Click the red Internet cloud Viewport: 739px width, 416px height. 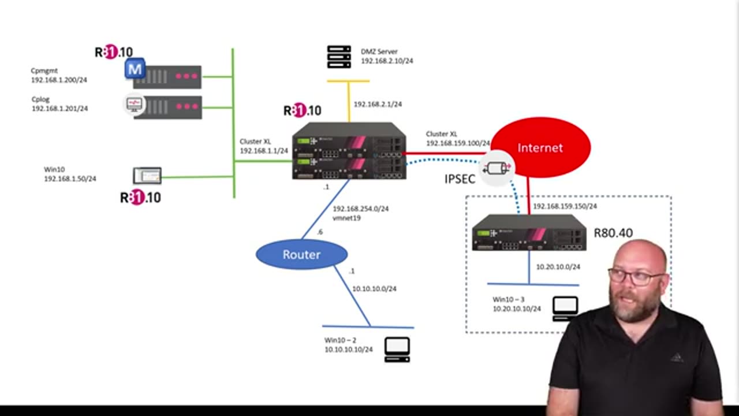(x=540, y=147)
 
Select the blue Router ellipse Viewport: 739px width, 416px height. (x=301, y=254)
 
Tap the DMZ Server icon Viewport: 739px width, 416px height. (x=339, y=57)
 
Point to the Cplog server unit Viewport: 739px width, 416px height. (x=167, y=107)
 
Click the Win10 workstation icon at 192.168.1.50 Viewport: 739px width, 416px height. (x=147, y=175)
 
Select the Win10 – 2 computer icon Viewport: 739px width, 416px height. (x=397, y=350)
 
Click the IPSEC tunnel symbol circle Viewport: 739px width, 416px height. (x=497, y=168)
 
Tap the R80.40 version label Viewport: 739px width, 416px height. (x=613, y=233)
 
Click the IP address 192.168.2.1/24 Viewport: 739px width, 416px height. (x=378, y=105)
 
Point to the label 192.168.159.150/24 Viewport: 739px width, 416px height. (x=565, y=206)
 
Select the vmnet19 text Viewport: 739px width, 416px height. (x=347, y=218)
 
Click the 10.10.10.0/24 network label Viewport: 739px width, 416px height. (x=374, y=288)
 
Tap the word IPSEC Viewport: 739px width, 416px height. (x=460, y=179)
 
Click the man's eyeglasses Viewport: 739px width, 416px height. (x=635, y=277)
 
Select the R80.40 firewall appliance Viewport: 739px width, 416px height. (x=529, y=233)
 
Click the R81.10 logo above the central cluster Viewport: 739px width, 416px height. (x=302, y=110)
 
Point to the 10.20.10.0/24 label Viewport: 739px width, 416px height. (x=558, y=267)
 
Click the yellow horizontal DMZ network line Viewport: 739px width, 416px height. (x=348, y=81)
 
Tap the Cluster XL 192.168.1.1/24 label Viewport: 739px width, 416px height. (x=264, y=146)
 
